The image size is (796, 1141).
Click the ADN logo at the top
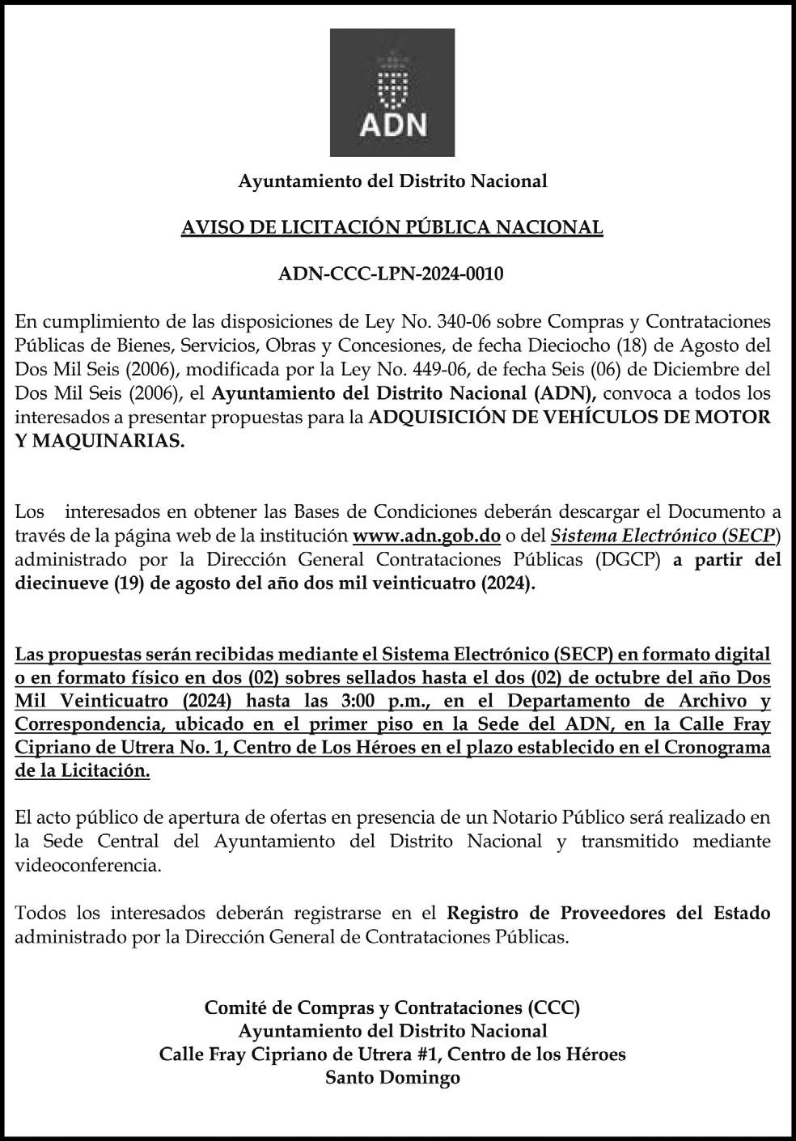click(x=392, y=92)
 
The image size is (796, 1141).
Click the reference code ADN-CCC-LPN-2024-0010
click(x=391, y=274)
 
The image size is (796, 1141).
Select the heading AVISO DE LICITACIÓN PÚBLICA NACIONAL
click(x=392, y=227)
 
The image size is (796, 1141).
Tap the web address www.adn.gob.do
click(x=427, y=536)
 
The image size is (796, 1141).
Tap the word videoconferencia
click(x=88, y=865)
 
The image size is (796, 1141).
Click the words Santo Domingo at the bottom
click(x=392, y=1077)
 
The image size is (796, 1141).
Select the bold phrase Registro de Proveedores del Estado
click(x=608, y=914)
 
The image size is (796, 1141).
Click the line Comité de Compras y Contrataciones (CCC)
click(x=392, y=1007)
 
